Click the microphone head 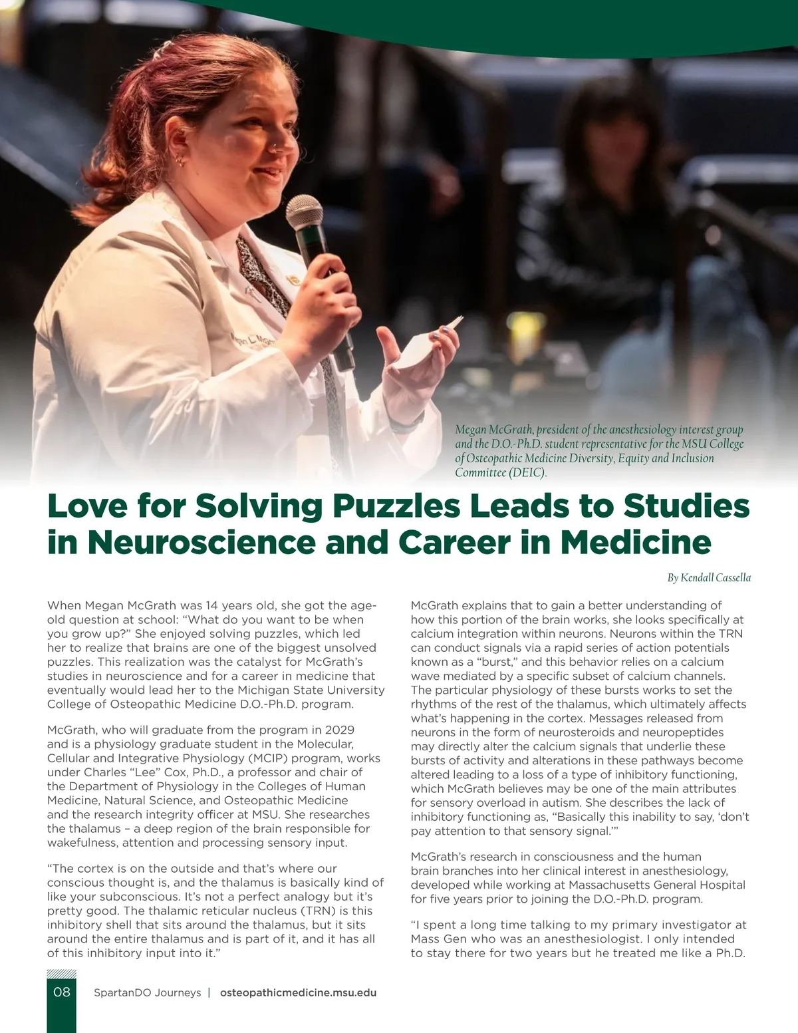point(304,212)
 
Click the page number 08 point(61,992)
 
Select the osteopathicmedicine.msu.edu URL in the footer point(298,992)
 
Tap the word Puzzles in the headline point(396,506)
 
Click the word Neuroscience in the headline point(201,542)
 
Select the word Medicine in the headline point(636,542)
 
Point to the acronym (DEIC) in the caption point(527,473)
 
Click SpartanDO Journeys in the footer point(147,992)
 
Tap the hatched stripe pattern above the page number point(61,974)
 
